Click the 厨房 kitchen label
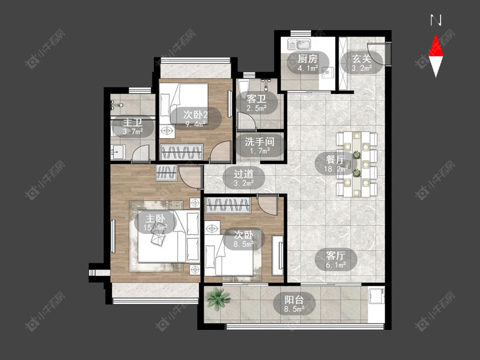[308, 59]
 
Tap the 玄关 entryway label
[361, 59]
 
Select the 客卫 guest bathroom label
[256, 98]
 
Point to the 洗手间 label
[260, 142]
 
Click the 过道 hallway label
[244, 174]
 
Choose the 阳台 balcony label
[294, 300]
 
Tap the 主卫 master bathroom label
[133, 123]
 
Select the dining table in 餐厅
[357, 164]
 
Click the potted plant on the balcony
[218, 299]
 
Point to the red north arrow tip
[436, 35]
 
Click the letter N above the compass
[436, 20]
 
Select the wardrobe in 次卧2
[182, 152]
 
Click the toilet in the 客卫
[244, 86]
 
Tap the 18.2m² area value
[336, 168]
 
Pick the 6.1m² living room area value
[336, 265]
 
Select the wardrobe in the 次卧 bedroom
[228, 205]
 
